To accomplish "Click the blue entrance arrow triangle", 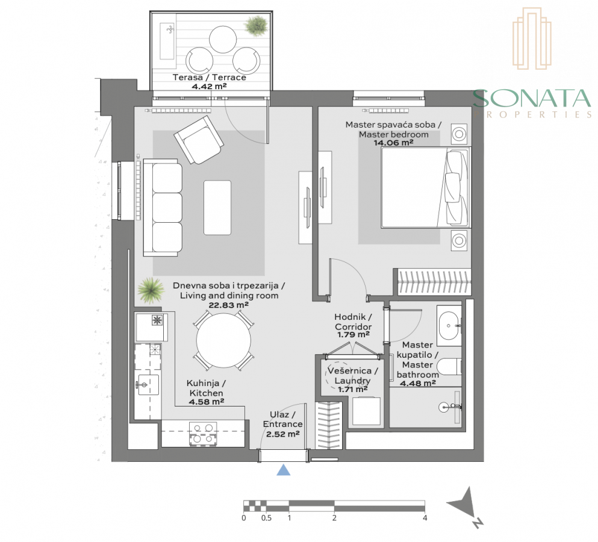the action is point(284,470).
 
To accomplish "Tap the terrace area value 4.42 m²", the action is point(209,86).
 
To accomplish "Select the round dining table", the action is point(223,341).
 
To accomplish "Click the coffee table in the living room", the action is point(217,208).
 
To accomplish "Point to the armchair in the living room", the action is point(199,140).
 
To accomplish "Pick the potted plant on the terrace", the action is point(255,25).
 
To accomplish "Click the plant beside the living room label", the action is point(151,290).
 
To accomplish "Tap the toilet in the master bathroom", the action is point(449,367).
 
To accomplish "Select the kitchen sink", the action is point(148,384).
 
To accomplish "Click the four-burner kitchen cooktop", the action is point(204,434).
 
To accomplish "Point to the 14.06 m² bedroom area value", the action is point(394,143).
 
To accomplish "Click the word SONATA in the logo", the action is point(532,98).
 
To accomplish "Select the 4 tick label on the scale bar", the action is point(425,518).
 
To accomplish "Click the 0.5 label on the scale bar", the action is point(266,518).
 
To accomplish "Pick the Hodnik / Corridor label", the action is point(353,322).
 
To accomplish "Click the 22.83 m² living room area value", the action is point(228,305).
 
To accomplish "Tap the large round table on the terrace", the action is point(223,39).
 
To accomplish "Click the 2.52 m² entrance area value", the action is point(282,434).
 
